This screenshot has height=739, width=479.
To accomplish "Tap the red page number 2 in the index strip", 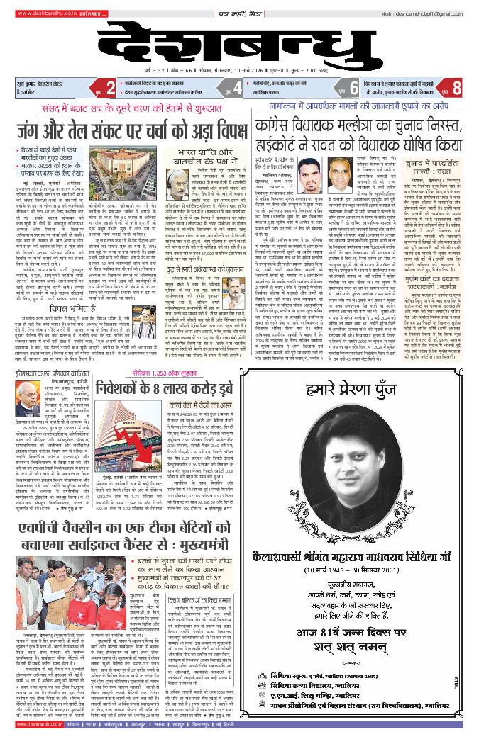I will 110,89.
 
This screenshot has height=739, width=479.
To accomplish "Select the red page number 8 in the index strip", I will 457,89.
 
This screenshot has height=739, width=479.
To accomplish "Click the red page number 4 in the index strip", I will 238,89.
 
